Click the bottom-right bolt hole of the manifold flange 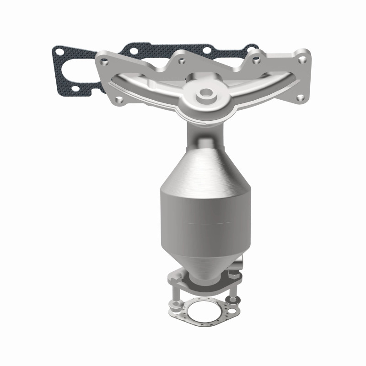pos(300,97)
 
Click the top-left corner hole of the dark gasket pos(58,49)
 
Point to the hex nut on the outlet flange pos(231,275)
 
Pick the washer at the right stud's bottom pos(234,300)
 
